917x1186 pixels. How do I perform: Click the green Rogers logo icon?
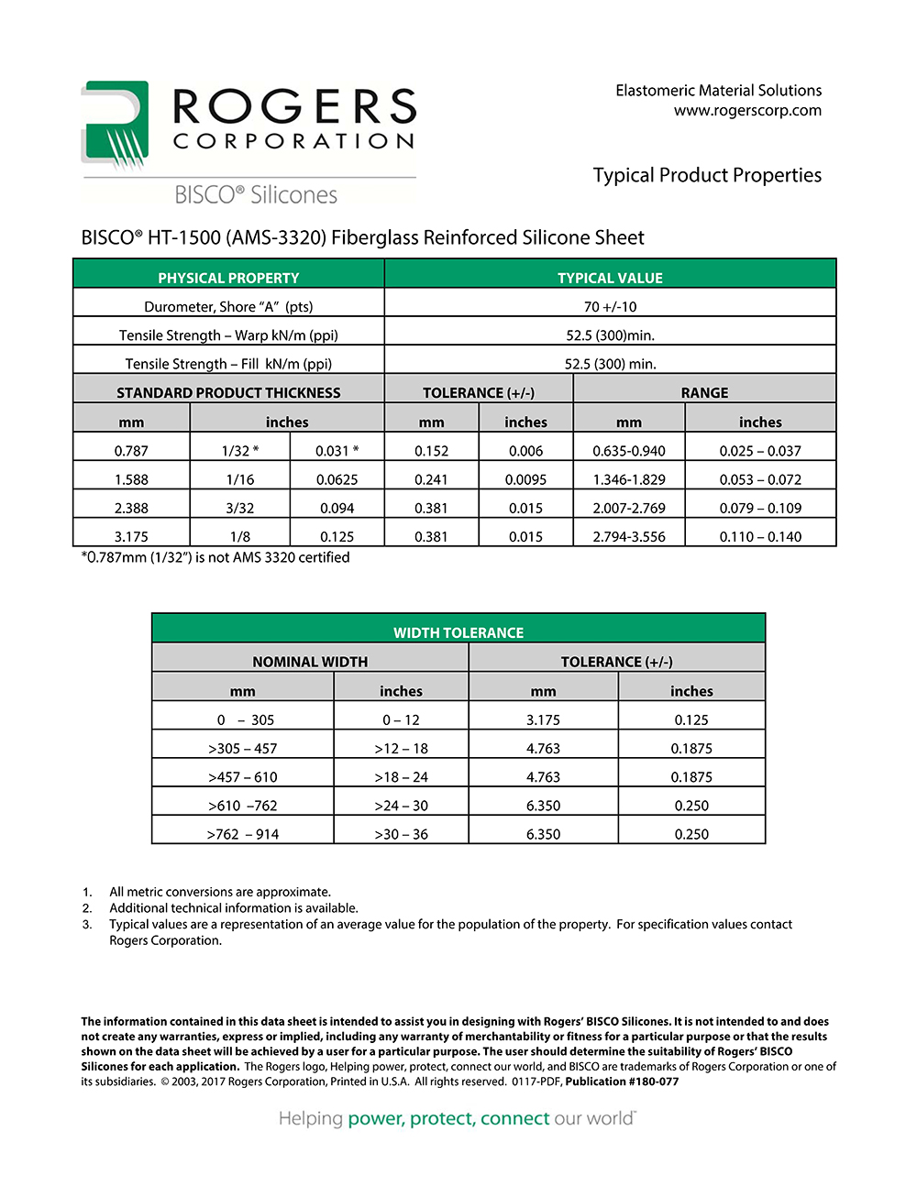tap(115, 126)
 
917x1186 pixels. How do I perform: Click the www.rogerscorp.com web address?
tap(747, 111)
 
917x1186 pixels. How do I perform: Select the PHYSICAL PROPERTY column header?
tap(228, 278)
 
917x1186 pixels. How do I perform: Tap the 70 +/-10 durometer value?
tap(610, 307)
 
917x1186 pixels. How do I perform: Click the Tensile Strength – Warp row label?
tap(228, 335)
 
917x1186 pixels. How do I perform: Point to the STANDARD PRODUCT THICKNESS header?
tap(228, 392)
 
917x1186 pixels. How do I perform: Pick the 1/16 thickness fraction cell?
tap(240, 479)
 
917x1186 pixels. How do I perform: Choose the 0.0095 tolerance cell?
tap(525, 479)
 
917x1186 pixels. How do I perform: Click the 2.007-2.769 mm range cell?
tap(629, 508)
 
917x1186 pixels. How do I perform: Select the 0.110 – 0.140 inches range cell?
tap(760, 536)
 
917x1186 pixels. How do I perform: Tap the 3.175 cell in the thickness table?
tap(131, 536)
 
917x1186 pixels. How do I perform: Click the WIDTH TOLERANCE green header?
tap(458, 632)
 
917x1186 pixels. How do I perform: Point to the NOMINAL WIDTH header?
tap(310, 662)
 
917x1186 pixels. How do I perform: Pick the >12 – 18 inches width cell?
tap(401, 749)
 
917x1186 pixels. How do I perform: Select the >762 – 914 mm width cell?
tap(242, 834)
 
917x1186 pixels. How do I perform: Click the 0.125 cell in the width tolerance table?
tap(691, 720)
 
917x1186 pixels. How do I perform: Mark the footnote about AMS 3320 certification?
tap(215, 557)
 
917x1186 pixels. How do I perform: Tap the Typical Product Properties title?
tap(707, 175)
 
